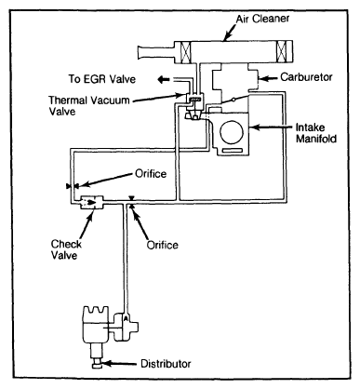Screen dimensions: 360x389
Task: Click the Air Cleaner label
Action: point(262,19)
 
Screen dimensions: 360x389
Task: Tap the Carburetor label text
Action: point(306,77)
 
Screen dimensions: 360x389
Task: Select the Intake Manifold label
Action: point(316,133)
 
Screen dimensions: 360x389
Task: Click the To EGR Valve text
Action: point(102,79)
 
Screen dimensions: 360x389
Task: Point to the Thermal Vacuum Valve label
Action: point(88,106)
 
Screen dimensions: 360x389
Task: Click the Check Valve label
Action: point(66,249)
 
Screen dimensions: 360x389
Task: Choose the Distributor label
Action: point(166,364)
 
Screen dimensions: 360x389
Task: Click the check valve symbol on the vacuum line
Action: point(92,202)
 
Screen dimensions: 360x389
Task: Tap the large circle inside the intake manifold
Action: point(232,132)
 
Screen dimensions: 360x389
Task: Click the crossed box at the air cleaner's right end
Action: point(282,51)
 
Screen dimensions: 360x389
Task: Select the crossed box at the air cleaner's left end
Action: point(186,52)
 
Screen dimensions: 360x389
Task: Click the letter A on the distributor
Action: point(126,318)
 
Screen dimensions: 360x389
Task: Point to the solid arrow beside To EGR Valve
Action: point(164,80)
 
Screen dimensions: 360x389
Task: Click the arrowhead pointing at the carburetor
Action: point(261,78)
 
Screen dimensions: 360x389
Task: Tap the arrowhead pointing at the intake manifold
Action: point(253,127)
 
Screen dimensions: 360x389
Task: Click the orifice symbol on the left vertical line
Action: point(73,186)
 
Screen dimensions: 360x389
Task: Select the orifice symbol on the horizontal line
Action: point(131,203)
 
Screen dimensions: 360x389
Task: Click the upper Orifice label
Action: point(151,173)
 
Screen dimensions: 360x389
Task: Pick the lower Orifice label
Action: point(163,245)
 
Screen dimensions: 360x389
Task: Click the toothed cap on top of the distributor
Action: point(95,314)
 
